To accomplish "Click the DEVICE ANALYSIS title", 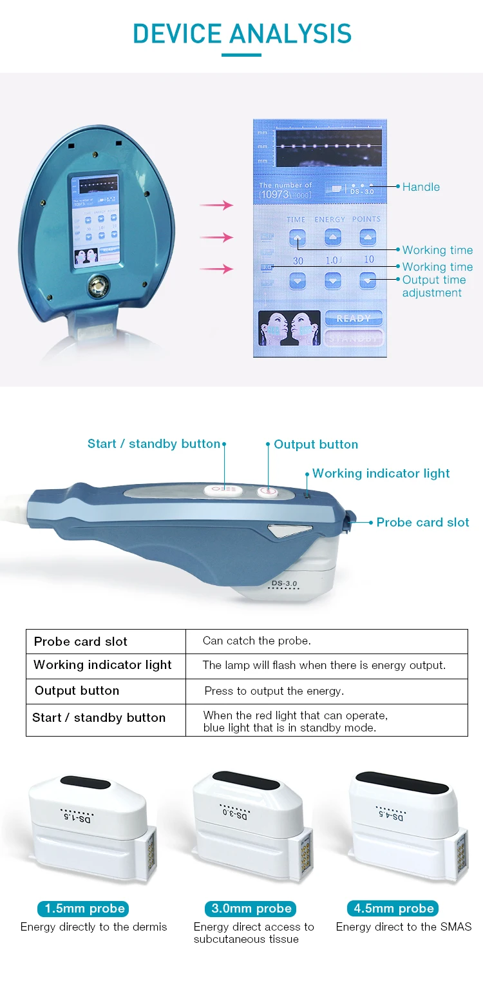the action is tap(242, 34).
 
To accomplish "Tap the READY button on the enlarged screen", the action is tap(354, 318).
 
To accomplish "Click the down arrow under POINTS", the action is tap(368, 281).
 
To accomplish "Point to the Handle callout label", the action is tap(421, 187).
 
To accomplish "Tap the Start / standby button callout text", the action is tap(154, 444).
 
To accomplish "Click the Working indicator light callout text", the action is tap(381, 474).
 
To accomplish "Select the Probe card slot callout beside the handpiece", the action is tap(423, 523).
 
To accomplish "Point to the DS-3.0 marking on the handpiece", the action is tap(285, 584).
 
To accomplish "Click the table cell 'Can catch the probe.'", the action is tap(257, 641).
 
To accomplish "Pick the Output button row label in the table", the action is tap(77, 691).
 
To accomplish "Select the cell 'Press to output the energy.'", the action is tap(274, 691).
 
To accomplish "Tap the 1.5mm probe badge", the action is tap(84, 909).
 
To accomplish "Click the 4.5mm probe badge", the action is tap(393, 909).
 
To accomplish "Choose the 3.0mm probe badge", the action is tap(252, 909).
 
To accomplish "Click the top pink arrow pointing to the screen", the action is tap(216, 206).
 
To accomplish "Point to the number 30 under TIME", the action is tap(298, 261).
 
